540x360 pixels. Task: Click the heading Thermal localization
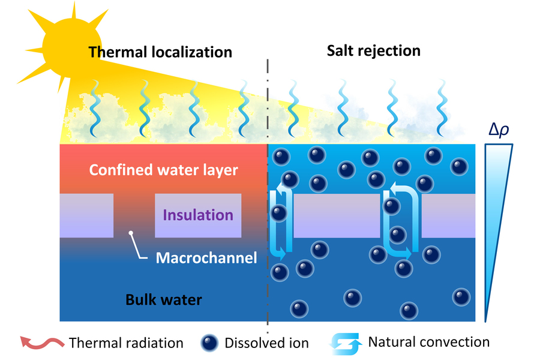[x=160, y=52]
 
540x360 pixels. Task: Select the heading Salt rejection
[x=373, y=50]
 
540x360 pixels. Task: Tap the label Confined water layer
[x=163, y=170]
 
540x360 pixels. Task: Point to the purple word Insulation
[x=198, y=215]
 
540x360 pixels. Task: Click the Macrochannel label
[x=206, y=258]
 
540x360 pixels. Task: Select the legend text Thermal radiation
[x=126, y=343]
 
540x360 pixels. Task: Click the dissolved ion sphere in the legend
[x=210, y=343]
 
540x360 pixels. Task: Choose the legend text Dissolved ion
[x=266, y=343]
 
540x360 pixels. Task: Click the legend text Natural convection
[x=428, y=342]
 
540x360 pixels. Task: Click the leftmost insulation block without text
[x=86, y=215]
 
